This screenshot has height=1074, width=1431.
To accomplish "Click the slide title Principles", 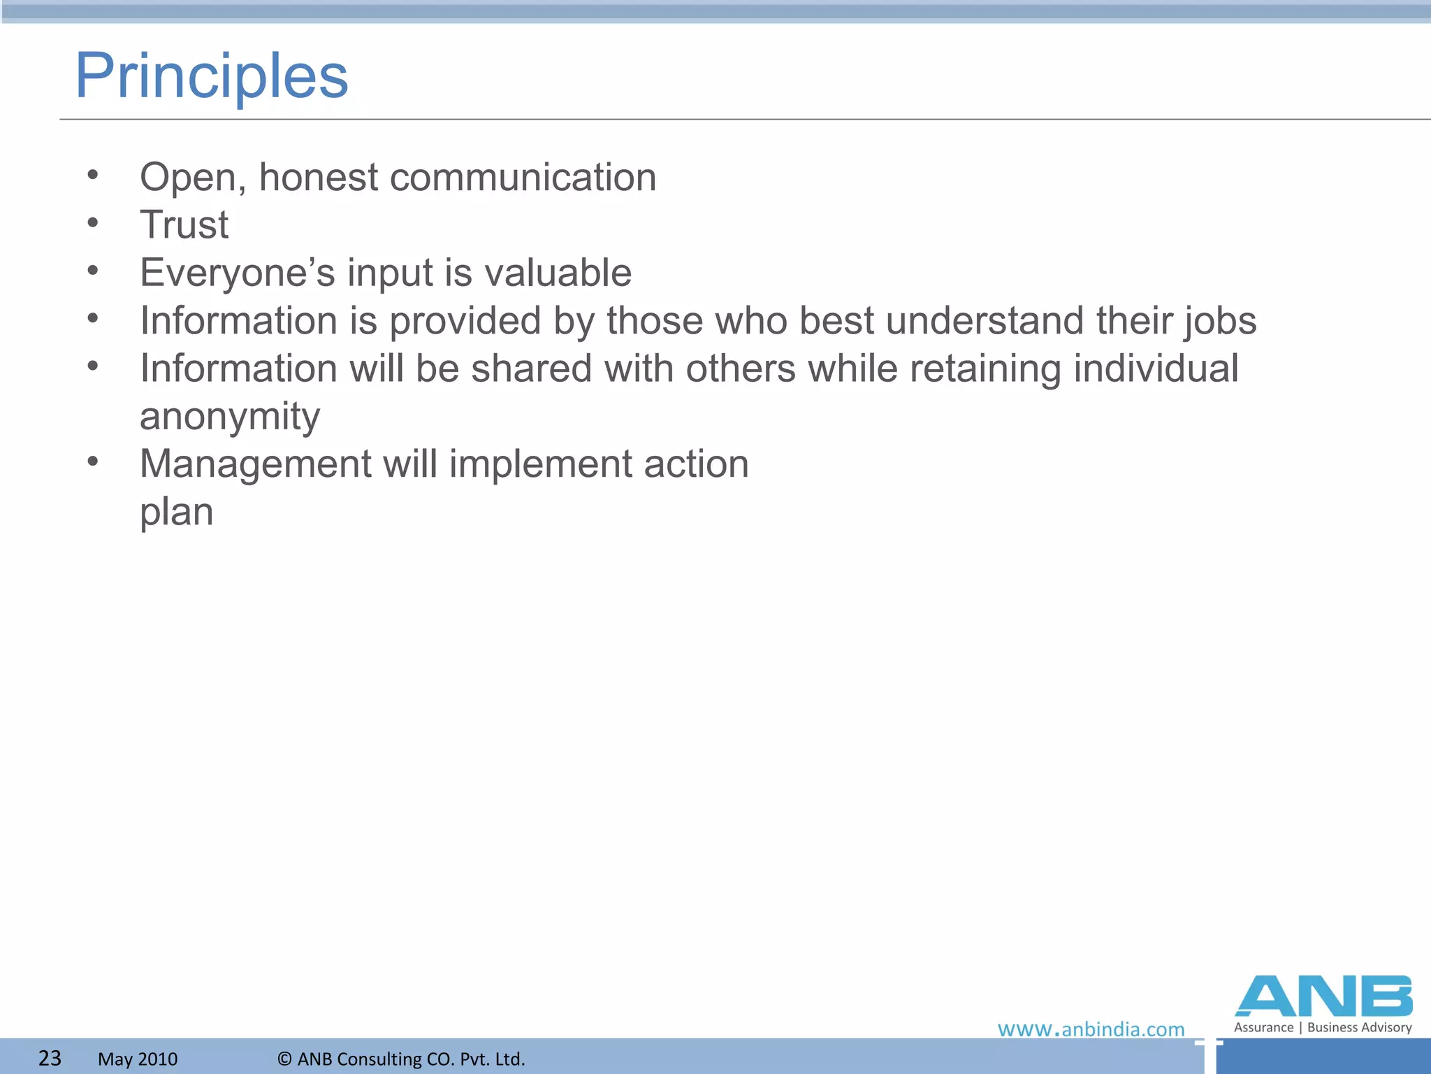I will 211,77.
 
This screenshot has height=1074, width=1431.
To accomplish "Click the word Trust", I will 184,225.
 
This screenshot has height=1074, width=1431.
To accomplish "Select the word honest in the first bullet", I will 319,177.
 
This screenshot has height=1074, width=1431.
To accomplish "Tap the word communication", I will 523,177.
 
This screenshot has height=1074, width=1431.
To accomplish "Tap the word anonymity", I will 230,417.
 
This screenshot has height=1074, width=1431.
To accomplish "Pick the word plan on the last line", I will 176,513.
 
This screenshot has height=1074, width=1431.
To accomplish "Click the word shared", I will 531,368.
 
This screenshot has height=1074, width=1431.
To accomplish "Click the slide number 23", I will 50,1058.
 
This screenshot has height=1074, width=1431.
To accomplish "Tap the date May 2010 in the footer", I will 138,1059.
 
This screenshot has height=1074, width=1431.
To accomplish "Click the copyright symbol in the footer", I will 284,1059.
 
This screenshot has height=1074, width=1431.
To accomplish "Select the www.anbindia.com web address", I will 1091,1029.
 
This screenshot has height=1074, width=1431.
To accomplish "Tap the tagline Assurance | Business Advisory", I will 1323,1027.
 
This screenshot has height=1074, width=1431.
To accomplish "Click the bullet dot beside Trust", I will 93,223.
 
